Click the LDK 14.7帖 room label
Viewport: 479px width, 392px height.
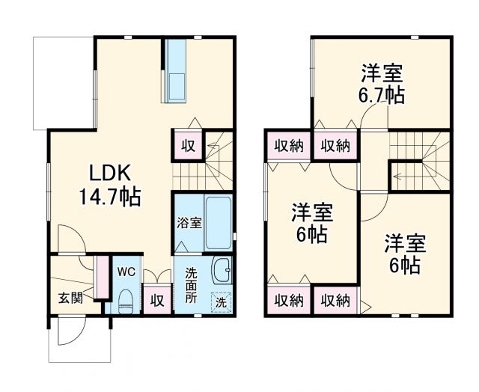pos(110,186)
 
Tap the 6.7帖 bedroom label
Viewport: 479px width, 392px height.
pos(382,84)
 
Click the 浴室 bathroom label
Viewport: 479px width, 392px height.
pos(189,222)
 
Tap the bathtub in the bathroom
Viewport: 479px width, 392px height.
pos(219,223)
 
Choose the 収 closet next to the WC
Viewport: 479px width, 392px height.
pos(156,301)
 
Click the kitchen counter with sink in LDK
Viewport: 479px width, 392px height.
pos(177,73)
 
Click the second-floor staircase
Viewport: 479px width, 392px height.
pos(419,161)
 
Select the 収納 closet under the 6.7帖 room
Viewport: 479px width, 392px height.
pos(335,146)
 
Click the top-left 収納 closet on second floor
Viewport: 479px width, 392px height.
pos(287,146)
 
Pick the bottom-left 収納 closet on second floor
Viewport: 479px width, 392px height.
pos(287,301)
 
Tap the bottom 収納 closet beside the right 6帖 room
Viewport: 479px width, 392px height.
pos(335,301)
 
